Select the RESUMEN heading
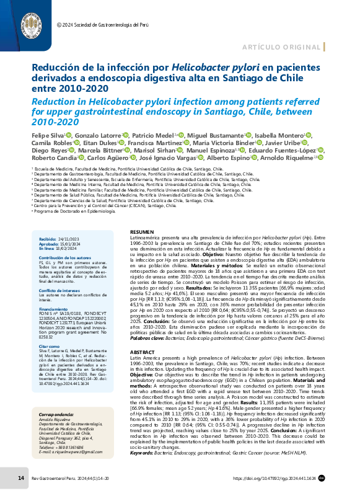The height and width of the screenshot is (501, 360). tap(140, 232)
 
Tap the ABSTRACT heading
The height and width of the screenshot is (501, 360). tap(141, 334)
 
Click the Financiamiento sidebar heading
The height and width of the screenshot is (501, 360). tap(55, 291)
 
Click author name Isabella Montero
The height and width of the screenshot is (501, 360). tap(278, 134)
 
